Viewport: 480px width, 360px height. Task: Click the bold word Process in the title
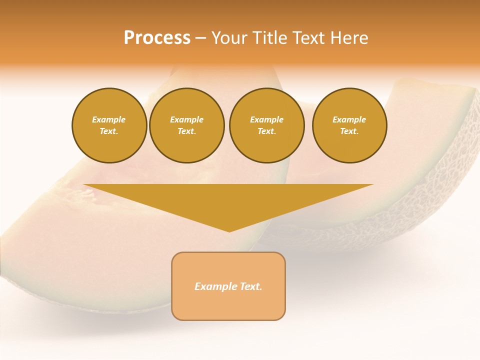(x=157, y=38)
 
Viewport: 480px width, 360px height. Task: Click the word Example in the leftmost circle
(x=109, y=119)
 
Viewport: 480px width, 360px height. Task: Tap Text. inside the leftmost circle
(x=109, y=131)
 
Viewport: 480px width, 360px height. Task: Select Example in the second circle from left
(x=186, y=119)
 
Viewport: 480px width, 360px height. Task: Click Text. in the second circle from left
(x=186, y=131)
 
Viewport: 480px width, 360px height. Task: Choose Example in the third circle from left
(x=266, y=119)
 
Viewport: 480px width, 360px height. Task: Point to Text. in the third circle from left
(x=266, y=131)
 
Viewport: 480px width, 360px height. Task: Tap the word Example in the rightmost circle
(x=349, y=119)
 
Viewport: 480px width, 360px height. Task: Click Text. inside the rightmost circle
(x=349, y=131)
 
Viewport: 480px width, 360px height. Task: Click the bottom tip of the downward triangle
(x=229, y=231)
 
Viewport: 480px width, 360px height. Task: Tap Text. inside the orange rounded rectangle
(x=250, y=286)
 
